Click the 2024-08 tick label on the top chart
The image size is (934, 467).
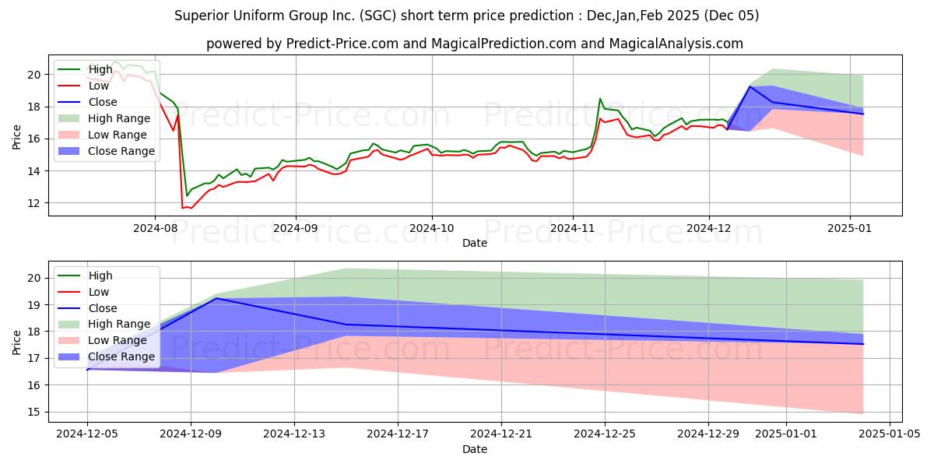tap(155, 228)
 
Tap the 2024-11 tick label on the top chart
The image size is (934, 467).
tap(573, 228)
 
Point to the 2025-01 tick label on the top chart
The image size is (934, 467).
tap(850, 228)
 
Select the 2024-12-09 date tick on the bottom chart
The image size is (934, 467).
tap(191, 434)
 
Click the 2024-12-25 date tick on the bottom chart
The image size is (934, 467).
tap(605, 434)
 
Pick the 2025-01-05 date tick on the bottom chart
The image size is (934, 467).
tap(890, 434)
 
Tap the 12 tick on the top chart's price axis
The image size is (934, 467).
tap(34, 203)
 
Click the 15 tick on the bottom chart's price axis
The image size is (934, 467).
tap(34, 412)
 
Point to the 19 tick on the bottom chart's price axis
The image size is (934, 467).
tap(34, 305)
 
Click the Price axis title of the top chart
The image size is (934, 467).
tap(16, 137)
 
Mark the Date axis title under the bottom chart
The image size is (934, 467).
tap(475, 449)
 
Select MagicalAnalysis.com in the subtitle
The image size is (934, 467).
tap(676, 44)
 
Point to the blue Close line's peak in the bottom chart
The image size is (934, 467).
tap(216, 298)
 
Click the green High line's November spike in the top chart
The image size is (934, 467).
tap(599, 99)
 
